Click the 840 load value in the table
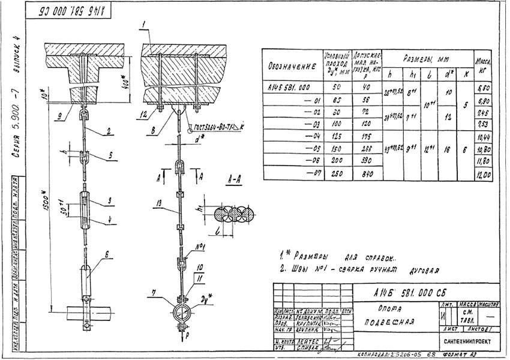(x=368, y=174)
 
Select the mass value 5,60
(x=484, y=88)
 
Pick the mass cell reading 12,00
(x=484, y=175)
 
